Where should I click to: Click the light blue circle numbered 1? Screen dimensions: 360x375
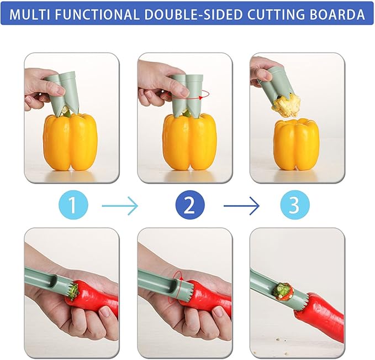click(x=72, y=206)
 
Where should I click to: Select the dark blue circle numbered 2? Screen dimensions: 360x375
click(x=189, y=206)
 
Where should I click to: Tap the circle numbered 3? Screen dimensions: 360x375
click(x=293, y=206)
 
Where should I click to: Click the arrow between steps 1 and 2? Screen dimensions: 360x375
click(x=120, y=206)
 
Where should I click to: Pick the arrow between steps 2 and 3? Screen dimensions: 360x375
click(x=241, y=206)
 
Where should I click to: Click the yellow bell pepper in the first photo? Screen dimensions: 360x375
click(x=70, y=142)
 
